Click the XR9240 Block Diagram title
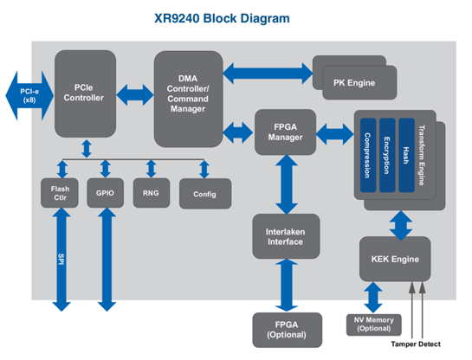coord(222,18)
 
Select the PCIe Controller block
coord(85,93)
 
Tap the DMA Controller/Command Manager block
coord(189,99)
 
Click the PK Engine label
coord(354,83)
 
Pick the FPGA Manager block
coord(286,132)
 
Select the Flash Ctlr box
coord(60,193)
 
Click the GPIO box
coord(106,193)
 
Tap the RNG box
coord(152,193)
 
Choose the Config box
coord(205,194)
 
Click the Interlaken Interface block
coord(286,236)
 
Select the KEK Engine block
coord(395,259)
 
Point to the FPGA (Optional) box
coord(288,330)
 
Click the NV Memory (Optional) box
coord(374,325)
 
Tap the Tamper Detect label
coord(416,344)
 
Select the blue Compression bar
coord(368,155)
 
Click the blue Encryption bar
coord(387,155)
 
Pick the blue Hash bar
coord(407,155)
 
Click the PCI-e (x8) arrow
coord(29,95)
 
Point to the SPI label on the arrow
coord(61,259)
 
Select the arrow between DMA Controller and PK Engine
coord(268,73)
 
